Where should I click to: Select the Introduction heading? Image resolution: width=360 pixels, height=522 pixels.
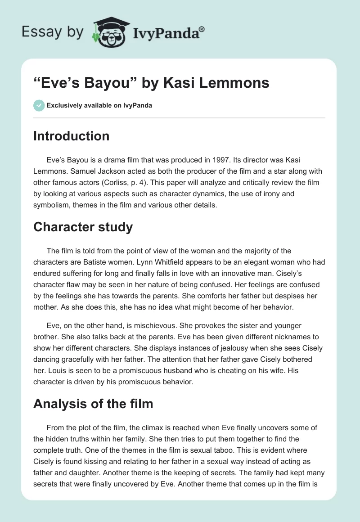71,136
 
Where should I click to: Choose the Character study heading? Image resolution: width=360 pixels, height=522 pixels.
83,227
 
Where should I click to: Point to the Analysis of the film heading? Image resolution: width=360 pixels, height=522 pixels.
93,404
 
